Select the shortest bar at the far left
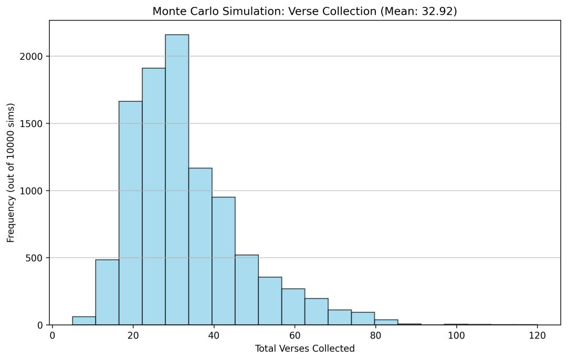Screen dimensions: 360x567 [x=84, y=321]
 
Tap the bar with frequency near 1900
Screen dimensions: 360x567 [x=154, y=197]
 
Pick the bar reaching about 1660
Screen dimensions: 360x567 [x=130, y=213]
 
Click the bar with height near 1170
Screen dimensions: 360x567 [x=200, y=247]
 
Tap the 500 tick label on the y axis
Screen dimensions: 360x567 [x=38, y=258]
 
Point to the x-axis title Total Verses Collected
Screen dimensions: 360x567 [x=304, y=348]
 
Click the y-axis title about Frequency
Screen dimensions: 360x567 [x=10, y=172]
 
